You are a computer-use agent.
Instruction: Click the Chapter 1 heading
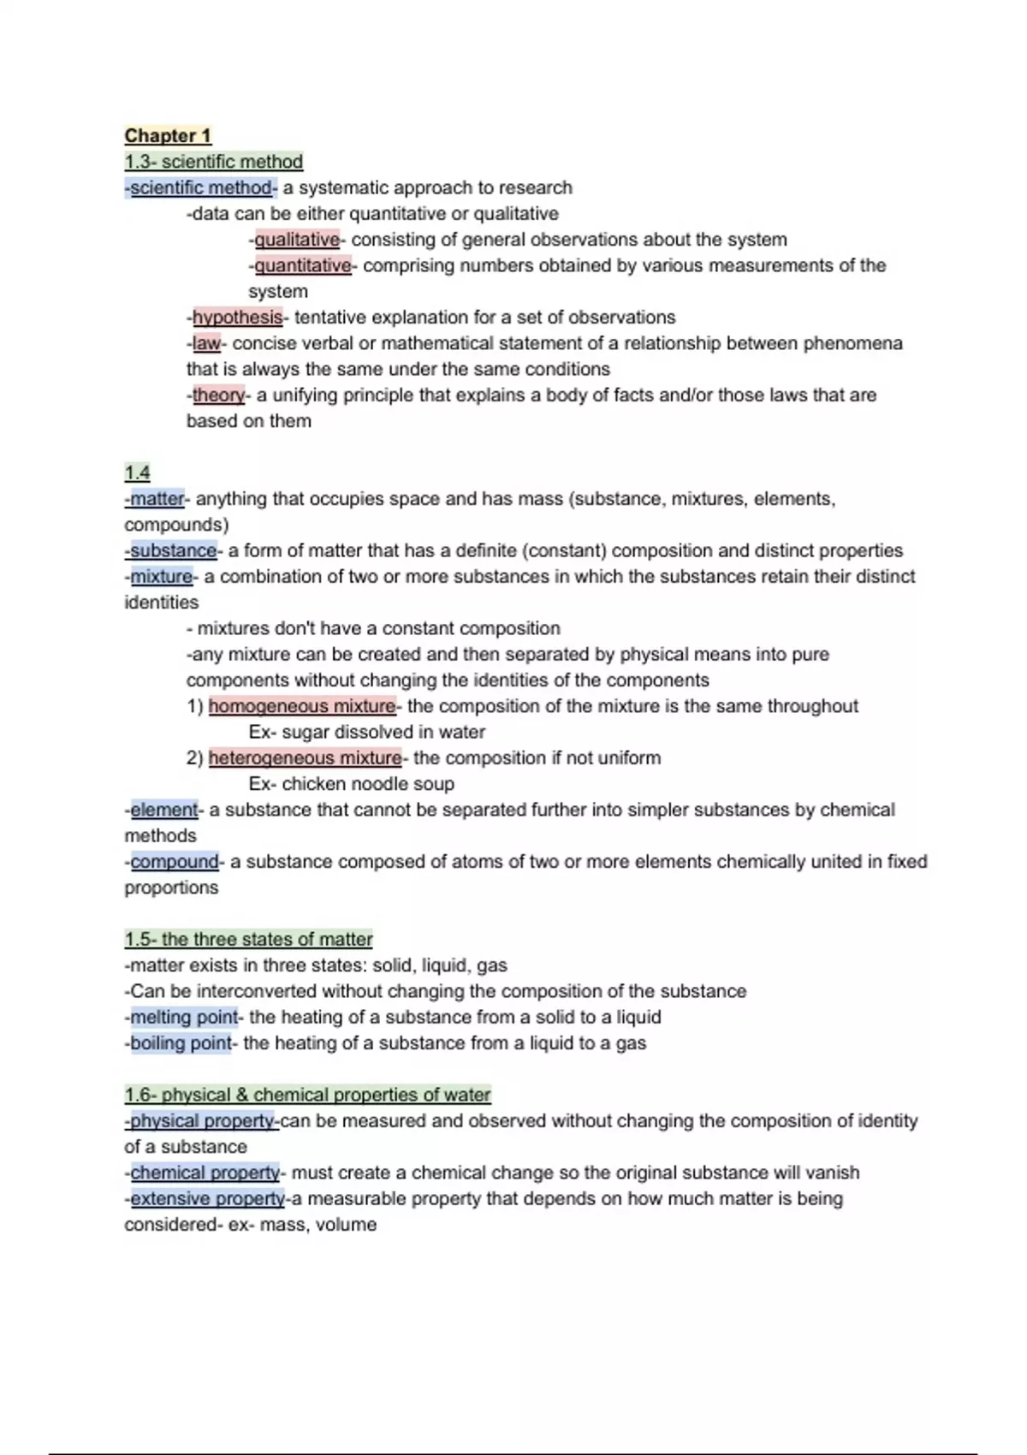click(168, 136)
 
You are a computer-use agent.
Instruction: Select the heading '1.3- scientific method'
click(214, 162)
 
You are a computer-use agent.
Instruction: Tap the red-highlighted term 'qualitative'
click(297, 240)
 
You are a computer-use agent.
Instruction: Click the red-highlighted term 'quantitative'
click(303, 265)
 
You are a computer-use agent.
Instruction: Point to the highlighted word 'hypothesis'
click(237, 318)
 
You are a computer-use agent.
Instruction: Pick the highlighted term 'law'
click(206, 343)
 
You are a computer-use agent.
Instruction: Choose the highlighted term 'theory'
click(218, 395)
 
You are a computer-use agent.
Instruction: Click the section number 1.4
click(137, 472)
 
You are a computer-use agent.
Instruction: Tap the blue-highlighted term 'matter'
click(157, 499)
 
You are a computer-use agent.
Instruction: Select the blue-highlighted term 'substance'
click(173, 550)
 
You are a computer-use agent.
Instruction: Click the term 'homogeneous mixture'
click(302, 706)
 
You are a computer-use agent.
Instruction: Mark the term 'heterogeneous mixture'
click(305, 758)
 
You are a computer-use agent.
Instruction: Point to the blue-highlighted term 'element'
click(163, 810)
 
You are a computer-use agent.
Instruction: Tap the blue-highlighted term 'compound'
click(175, 862)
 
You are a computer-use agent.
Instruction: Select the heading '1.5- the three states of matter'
click(248, 940)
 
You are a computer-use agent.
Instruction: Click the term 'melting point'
click(183, 1018)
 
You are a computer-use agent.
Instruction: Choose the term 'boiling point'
click(181, 1043)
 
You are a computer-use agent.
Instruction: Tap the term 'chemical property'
click(205, 1173)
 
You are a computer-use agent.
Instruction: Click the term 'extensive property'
click(207, 1199)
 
